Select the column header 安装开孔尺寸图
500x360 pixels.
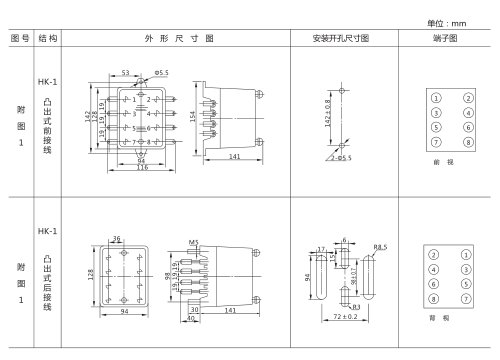(x=343, y=38)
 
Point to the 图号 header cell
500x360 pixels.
(x=19, y=38)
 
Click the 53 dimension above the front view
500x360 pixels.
(x=126, y=73)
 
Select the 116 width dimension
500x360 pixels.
(x=142, y=166)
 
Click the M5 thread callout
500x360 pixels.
(x=193, y=241)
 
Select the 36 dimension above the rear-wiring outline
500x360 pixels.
(x=116, y=238)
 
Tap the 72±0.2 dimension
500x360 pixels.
(x=345, y=316)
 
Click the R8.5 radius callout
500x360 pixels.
(x=380, y=246)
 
